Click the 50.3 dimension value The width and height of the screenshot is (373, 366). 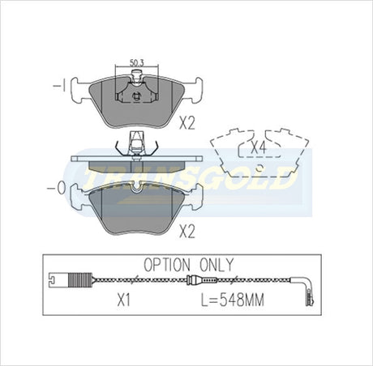tap(136, 63)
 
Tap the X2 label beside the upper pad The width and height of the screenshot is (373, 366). tap(187, 124)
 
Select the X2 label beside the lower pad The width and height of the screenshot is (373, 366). tap(187, 232)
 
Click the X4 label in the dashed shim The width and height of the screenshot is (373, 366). tap(259, 147)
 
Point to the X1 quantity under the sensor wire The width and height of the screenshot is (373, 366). tap(124, 300)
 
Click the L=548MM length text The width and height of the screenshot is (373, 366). tap(233, 300)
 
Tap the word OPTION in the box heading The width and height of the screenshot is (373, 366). tap(167, 265)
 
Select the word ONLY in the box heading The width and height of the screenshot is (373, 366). tap(217, 265)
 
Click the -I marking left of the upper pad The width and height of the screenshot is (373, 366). tap(59, 87)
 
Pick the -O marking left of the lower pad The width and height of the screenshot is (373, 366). tap(56, 189)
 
